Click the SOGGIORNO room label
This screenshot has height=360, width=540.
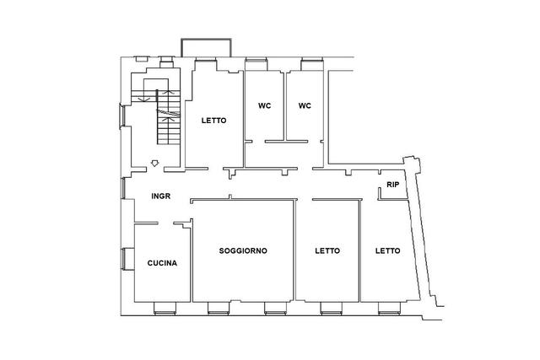(x=243, y=250)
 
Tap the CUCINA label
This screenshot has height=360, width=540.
(x=162, y=263)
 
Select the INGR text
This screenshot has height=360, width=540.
(x=161, y=196)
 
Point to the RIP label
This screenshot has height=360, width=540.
(x=393, y=185)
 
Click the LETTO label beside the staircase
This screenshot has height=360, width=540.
(x=213, y=121)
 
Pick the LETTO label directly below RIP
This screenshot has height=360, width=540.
(x=388, y=250)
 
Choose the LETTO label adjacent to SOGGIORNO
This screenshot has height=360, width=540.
(x=327, y=250)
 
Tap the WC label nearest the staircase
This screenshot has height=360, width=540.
(x=264, y=105)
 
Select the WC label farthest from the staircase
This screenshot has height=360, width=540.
(x=305, y=105)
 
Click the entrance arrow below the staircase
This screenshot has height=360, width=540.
(x=155, y=163)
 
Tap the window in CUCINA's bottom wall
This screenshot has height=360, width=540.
(x=165, y=309)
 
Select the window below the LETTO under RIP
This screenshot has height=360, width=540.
(x=389, y=309)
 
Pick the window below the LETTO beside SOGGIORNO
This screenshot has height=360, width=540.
(x=332, y=309)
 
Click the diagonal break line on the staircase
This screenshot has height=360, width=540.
(x=169, y=113)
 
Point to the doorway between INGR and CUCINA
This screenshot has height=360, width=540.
(x=165, y=223)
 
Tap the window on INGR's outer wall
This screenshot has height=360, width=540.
(x=123, y=188)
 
